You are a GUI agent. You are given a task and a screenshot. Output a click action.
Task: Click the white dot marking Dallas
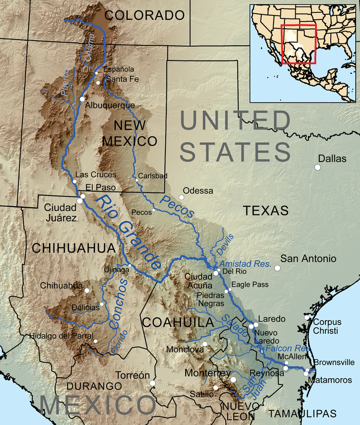317,167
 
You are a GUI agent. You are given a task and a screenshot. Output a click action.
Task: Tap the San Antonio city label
309,259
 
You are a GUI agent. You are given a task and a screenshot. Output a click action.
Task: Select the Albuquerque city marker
82,99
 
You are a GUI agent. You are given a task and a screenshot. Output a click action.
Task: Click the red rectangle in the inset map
302,44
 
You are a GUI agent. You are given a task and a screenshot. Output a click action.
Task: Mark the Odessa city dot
181,197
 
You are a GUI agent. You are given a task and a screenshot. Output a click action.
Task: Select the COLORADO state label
144,15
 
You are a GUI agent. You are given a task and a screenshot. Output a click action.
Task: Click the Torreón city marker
153,383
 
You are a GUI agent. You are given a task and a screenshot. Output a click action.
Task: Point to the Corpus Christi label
327,326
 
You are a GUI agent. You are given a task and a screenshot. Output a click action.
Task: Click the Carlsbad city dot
137,180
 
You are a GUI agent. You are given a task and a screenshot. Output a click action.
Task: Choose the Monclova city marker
205,344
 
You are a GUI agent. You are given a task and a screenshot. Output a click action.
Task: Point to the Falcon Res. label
288,348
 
